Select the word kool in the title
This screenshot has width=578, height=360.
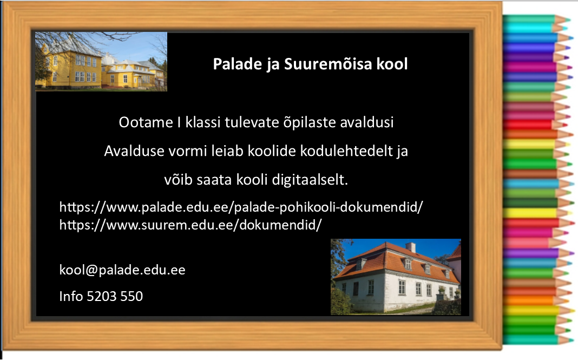coord(392,64)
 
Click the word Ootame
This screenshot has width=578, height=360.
coord(146,122)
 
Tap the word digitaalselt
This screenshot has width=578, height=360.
coord(310,180)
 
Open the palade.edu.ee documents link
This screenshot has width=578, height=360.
coord(241,207)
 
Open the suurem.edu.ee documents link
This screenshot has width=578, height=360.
coord(191,225)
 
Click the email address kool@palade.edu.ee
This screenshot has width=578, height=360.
coord(122,270)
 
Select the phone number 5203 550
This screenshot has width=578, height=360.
coord(115,296)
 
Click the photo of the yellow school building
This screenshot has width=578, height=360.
coord(101,62)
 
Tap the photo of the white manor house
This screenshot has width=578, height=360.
coord(396,277)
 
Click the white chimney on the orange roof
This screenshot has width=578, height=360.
coord(410,247)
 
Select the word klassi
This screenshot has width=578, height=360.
coord(203,122)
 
